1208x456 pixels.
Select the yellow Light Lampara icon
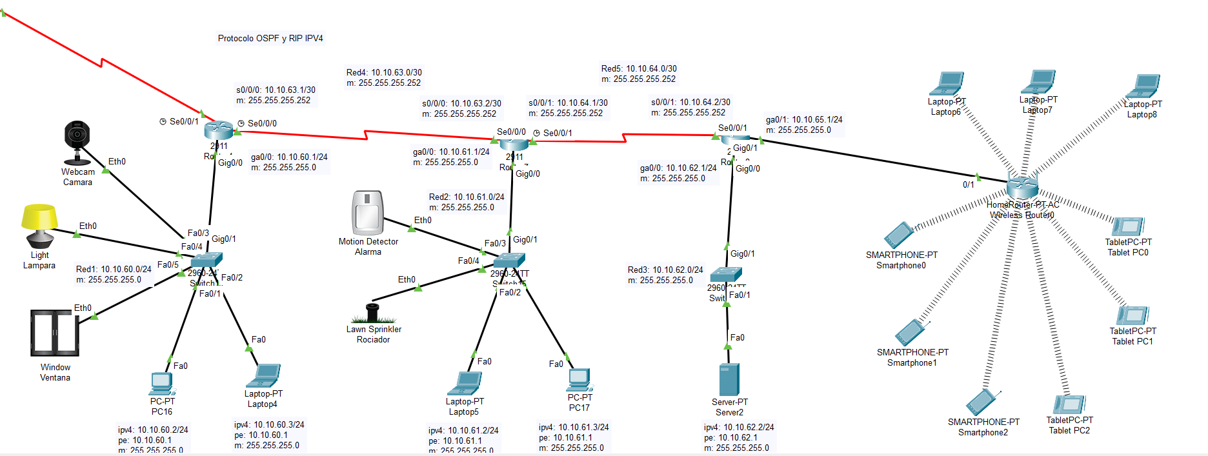tap(39, 225)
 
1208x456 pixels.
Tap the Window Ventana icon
tap(55, 333)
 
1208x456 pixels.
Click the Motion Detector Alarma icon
tap(368, 212)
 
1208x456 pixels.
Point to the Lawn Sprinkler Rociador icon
tap(372, 313)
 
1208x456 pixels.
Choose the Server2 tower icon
tap(729, 379)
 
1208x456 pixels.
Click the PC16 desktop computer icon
tap(161, 384)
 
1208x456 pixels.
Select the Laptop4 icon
tap(265, 376)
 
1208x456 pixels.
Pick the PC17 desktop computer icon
tap(579, 379)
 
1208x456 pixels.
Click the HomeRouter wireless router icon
tap(1022, 188)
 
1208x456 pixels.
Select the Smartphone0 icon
tap(899, 235)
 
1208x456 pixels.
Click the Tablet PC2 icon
tap(1070, 404)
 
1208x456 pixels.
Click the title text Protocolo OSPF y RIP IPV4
tap(270, 38)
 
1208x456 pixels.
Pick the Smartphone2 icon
tap(982, 402)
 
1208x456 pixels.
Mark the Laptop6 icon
tap(947, 84)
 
